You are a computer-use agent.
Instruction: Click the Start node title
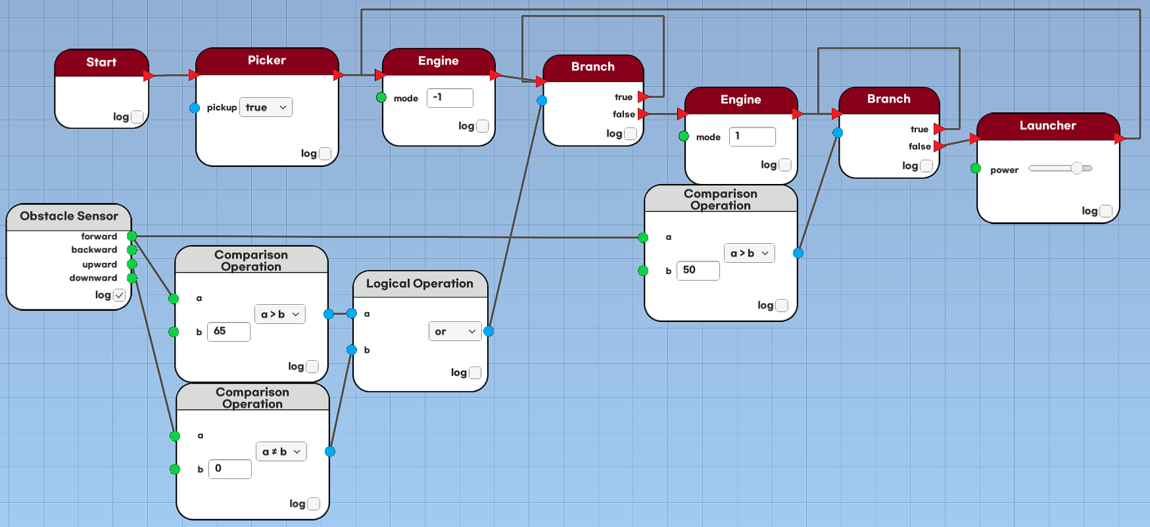[101, 62]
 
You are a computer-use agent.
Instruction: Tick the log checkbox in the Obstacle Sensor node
[119, 295]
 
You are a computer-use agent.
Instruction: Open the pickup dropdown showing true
[266, 107]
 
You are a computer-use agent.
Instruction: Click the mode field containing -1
[450, 98]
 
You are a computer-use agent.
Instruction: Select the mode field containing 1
[752, 137]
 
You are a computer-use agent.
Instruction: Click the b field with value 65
[229, 331]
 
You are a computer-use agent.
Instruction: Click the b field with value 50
[698, 270]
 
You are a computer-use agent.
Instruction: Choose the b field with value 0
[230, 469]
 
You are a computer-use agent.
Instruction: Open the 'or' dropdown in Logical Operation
[455, 332]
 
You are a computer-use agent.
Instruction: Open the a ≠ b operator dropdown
[281, 451]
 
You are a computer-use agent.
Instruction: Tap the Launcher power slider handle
[1076, 168]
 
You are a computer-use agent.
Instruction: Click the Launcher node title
[1047, 126]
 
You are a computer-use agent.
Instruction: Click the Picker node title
[266, 60]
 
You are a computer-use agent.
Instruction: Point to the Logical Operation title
[419, 284]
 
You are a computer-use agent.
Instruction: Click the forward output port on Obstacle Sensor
[132, 236]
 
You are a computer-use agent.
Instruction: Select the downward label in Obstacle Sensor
[93, 278]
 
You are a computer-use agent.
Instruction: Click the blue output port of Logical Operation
[489, 331]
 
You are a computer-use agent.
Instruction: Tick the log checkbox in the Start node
[137, 117]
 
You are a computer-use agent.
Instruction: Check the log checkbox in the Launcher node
[1106, 211]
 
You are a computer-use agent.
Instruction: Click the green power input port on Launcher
[976, 168]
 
